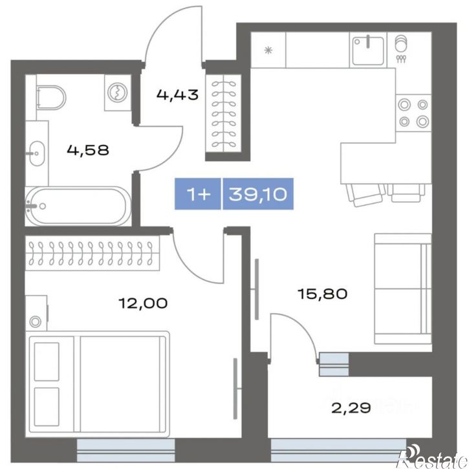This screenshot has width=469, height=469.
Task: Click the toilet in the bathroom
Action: pyautogui.click(x=51, y=98)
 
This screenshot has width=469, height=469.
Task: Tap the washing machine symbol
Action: pyautogui.click(x=118, y=92)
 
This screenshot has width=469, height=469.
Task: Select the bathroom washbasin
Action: pyautogui.click(x=37, y=153)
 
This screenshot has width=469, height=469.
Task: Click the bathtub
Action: pyautogui.click(x=78, y=206)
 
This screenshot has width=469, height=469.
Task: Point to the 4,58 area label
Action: pyautogui.click(x=88, y=150)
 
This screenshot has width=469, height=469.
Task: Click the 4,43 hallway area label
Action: pyautogui.click(x=177, y=95)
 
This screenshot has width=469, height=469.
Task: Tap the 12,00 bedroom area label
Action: pyautogui.click(x=143, y=303)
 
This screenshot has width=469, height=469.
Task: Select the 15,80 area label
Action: pyautogui.click(x=322, y=294)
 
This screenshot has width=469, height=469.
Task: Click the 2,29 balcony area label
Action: pyautogui.click(x=351, y=408)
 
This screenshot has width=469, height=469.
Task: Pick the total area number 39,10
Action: pyautogui.click(x=258, y=194)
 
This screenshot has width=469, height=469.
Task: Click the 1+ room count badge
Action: pyautogui.click(x=198, y=194)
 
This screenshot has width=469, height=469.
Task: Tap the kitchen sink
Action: pyautogui.click(x=368, y=50)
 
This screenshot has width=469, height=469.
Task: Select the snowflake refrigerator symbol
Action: pyautogui.click(x=268, y=50)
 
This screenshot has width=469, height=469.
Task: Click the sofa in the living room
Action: pyautogui.click(x=403, y=289)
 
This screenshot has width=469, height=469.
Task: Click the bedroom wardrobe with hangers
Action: pyautogui.click(x=93, y=253)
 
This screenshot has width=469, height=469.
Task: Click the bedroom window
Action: pyautogui.click(x=125, y=450)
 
